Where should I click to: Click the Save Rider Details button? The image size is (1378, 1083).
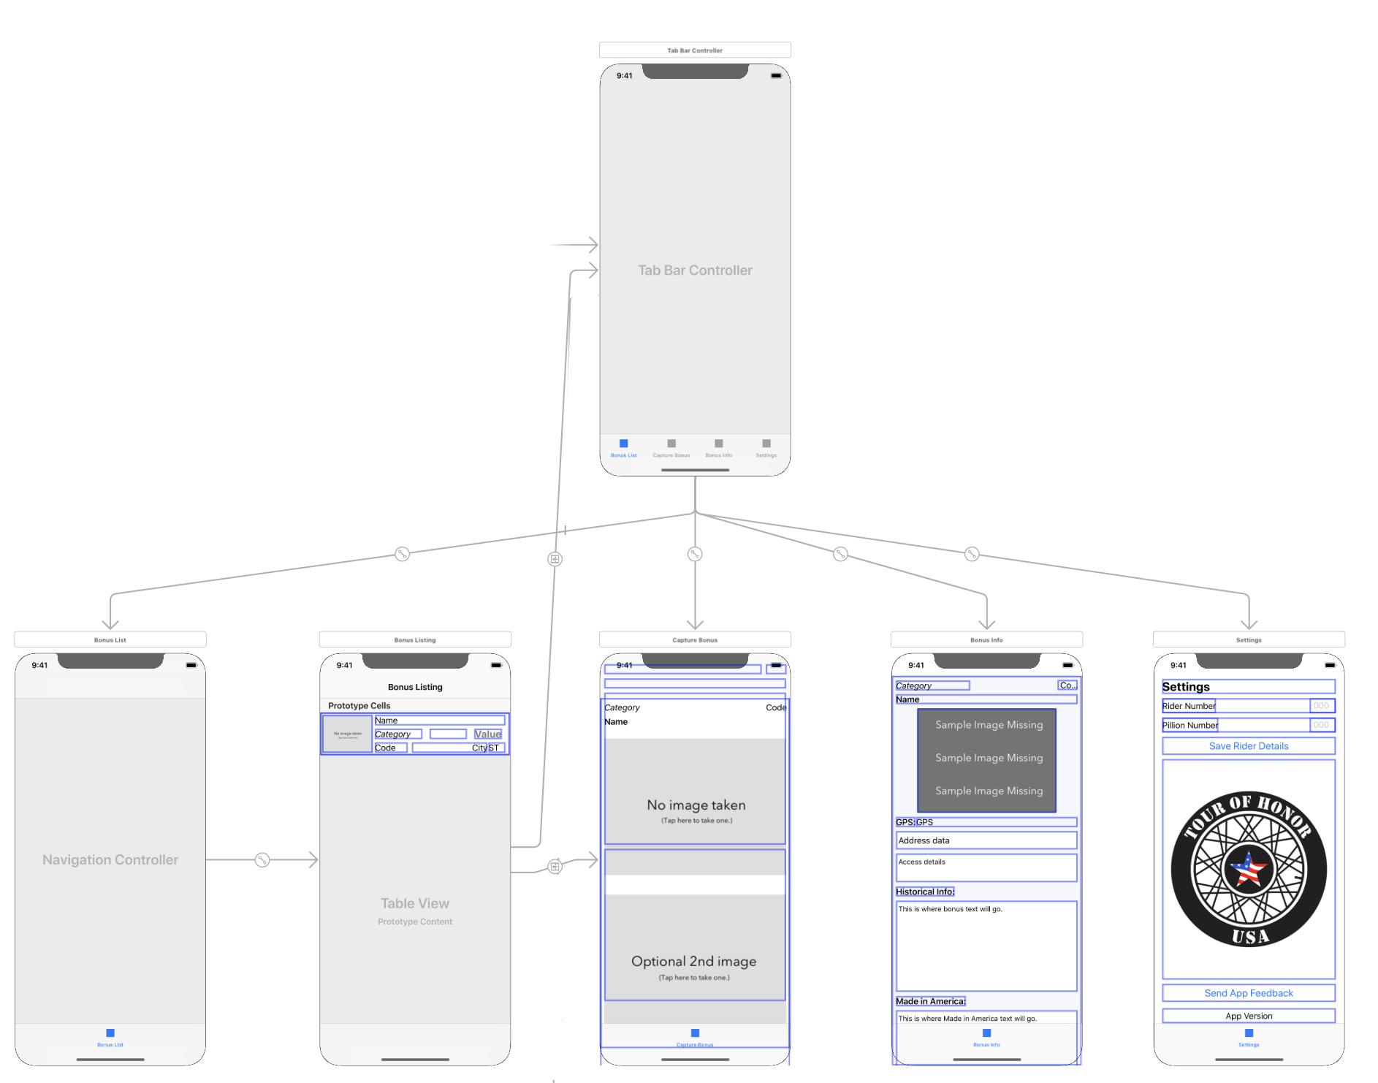1248,746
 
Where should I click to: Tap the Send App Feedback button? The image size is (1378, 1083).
1248,993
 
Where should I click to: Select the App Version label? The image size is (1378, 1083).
1248,1016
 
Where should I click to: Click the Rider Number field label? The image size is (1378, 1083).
1188,706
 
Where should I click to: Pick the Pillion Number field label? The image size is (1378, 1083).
1189,725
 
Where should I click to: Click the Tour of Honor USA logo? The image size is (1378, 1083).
1248,869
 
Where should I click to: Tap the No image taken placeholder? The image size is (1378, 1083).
696,805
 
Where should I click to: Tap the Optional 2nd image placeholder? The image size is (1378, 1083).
694,962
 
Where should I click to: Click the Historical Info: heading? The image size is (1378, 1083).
924,892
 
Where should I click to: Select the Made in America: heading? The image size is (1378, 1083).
930,1001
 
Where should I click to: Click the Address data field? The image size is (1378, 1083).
986,840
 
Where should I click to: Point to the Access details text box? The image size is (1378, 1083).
986,867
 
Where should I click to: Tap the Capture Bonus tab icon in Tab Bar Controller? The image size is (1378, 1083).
671,444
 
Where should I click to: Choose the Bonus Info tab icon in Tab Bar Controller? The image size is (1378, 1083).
719,444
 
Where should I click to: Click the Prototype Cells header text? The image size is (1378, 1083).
359,706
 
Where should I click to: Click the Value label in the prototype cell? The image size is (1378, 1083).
487,734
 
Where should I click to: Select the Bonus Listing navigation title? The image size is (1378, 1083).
415,687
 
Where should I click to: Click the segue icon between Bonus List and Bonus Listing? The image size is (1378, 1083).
262,860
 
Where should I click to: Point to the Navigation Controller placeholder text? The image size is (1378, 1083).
110,860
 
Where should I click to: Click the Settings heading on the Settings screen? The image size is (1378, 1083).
1185,687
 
